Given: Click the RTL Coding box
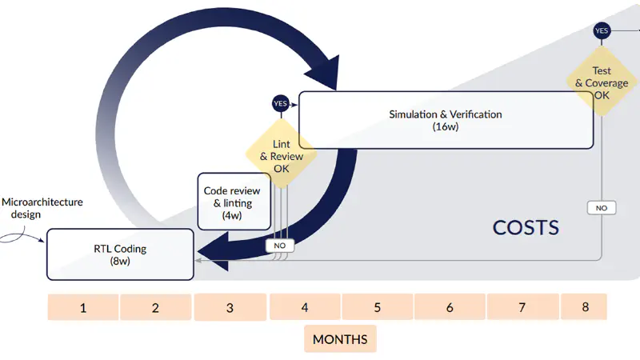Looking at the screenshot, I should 120,254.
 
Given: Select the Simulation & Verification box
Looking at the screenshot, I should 446,120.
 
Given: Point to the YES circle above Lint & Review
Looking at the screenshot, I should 280,103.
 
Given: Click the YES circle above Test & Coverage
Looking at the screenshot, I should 602,30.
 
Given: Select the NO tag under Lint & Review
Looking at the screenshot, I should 280,246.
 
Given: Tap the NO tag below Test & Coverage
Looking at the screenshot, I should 602,208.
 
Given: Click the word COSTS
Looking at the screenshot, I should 526,228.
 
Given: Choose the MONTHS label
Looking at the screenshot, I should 340,339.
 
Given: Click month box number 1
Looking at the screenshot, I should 83,307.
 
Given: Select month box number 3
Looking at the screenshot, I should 230,307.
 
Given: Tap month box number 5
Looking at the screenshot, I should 377,307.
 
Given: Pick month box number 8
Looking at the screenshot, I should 584,307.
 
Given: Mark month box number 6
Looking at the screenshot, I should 450,307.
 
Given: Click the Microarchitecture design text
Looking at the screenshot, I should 42,208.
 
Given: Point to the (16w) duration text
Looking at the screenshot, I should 445,127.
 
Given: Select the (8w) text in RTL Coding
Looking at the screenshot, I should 120,262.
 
